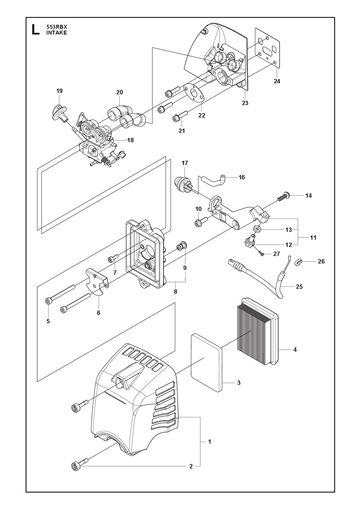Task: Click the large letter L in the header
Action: click(35, 29)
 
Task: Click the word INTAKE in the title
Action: click(56, 33)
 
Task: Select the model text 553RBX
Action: click(55, 27)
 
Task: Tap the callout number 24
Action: click(277, 81)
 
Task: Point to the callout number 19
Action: click(60, 91)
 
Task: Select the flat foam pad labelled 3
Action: click(206, 363)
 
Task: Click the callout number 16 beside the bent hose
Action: click(242, 177)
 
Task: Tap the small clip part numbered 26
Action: click(298, 262)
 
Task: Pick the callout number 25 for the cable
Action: click(299, 286)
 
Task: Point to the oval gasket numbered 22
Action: click(194, 91)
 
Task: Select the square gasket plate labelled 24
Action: click(267, 49)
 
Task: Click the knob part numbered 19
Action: click(59, 112)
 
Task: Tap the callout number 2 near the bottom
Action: click(191, 466)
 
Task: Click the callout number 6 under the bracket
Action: click(98, 313)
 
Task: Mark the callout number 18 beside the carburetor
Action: click(130, 140)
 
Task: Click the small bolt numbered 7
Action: click(113, 258)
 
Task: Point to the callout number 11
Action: click(313, 238)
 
